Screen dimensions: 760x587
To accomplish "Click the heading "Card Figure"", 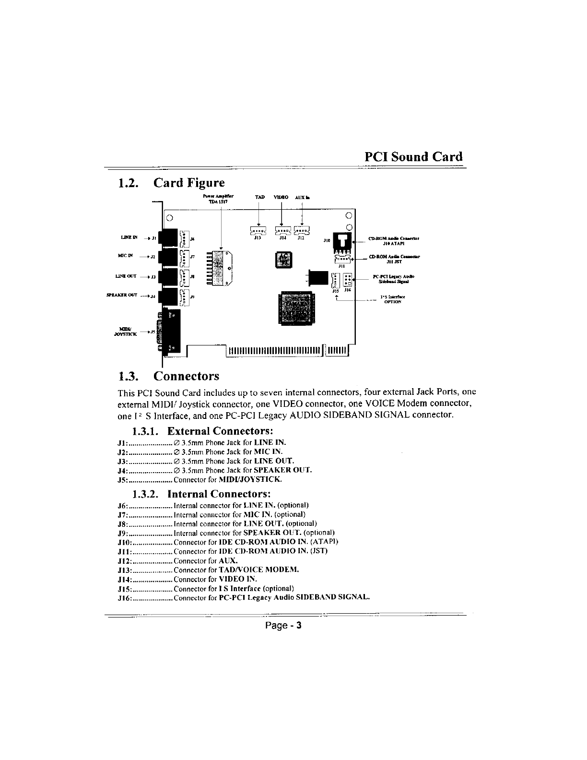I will coord(188,183).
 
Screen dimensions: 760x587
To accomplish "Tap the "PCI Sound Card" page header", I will coord(413,157).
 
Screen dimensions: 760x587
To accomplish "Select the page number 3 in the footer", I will coord(298,626).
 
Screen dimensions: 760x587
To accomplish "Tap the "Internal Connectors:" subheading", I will coord(219,494).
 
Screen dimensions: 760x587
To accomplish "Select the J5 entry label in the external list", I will coord(122,479).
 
